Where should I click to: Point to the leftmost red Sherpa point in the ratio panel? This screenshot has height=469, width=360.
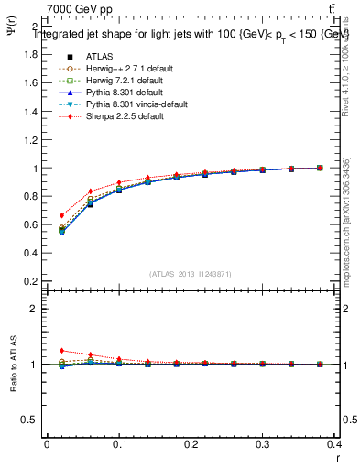click(61, 350)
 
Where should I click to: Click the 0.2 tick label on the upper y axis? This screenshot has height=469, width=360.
click(31, 281)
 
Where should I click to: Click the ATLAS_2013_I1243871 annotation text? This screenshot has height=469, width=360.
click(191, 274)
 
